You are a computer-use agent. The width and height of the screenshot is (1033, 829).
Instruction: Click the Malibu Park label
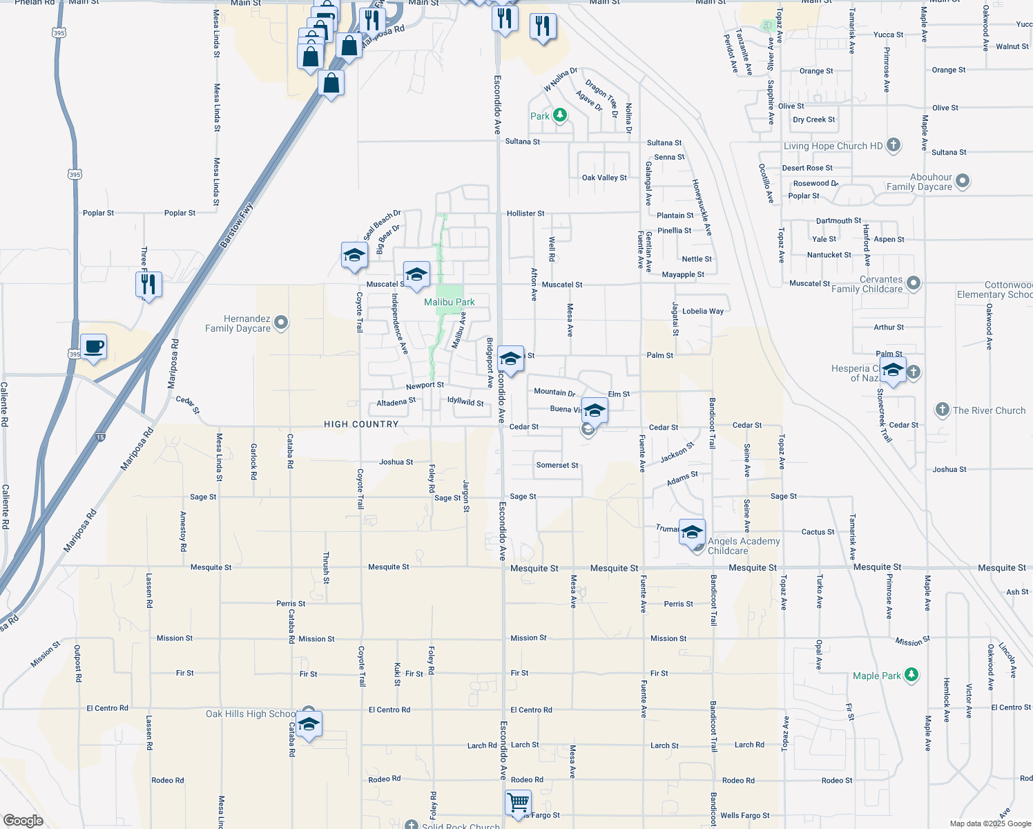click(450, 302)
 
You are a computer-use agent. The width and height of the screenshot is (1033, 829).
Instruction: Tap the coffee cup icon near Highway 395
click(93, 346)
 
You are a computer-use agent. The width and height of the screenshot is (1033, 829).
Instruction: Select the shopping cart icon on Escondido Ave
click(518, 802)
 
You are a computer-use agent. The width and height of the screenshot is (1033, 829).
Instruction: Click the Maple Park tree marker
click(911, 675)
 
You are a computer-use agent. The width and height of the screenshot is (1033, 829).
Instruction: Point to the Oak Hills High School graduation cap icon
click(309, 725)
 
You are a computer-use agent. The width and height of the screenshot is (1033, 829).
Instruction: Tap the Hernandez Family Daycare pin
click(281, 322)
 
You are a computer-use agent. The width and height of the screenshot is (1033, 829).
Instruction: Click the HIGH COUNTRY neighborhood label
click(361, 424)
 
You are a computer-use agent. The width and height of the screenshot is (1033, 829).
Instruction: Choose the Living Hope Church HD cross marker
click(894, 145)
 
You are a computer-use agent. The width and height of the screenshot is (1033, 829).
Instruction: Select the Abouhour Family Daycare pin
click(963, 181)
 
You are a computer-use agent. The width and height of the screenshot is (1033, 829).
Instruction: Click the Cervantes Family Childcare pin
click(914, 283)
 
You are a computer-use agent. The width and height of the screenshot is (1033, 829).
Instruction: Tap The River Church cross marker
click(942, 410)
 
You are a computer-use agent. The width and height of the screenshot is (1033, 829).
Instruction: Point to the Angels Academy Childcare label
click(744, 546)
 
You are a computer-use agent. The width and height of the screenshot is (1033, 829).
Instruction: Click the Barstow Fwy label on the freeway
click(237, 225)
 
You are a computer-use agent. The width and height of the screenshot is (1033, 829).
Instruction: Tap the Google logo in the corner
click(23, 821)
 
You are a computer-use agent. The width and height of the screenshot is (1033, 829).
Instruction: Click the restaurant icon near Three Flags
click(148, 283)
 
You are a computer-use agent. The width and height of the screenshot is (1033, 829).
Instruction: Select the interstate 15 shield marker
click(101, 437)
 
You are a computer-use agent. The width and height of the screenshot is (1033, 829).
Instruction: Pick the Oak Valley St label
click(604, 178)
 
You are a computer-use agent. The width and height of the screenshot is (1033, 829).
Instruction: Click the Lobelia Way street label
click(703, 311)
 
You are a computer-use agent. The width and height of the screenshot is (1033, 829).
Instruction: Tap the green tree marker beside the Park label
click(560, 115)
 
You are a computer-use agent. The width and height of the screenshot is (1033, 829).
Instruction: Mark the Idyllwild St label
click(465, 401)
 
